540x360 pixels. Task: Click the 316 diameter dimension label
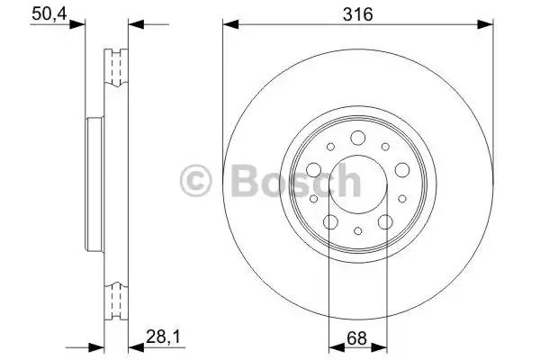point(358,14)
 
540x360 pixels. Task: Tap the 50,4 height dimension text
point(49,14)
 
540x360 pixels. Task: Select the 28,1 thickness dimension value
point(163,337)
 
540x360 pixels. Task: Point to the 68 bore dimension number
point(356,338)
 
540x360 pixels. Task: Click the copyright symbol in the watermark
point(196,181)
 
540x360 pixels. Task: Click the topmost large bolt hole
point(358,138)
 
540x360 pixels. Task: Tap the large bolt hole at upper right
point(402,170)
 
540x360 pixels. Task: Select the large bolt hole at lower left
point(330,222)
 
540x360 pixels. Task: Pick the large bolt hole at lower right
point(385,222)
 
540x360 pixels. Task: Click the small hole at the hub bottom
point(358,230)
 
